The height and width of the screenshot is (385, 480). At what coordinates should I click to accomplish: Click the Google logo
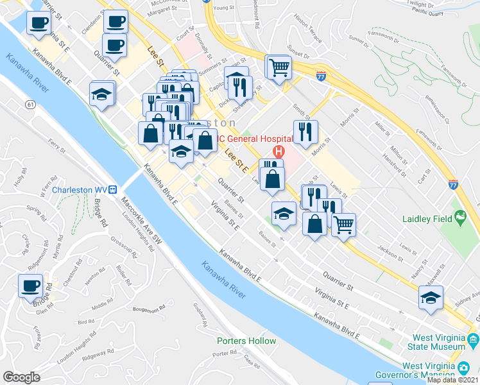pyautogui.click(x=21, y=377)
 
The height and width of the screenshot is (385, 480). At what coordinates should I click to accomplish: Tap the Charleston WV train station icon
pyautogui.click(x=112, y=190)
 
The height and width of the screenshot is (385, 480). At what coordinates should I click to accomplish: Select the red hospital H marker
pyautogui.click(x=279, y=152)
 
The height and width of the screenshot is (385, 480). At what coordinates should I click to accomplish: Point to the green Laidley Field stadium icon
pyautogui.click(x=459, y=219)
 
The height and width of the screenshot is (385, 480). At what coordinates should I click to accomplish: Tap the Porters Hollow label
pyautogui.click(x=246, y=341)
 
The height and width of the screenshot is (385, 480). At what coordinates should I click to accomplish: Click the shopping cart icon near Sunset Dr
pyautogui.click(x=279, y=67)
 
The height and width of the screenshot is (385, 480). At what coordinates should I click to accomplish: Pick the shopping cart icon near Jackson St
pyautogui.click(x=344, y=225)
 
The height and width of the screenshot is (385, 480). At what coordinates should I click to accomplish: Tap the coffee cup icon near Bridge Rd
pyautogui.click(x=30, y=284)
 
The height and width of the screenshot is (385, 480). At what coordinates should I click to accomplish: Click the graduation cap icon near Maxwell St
pyautogui.click(x=431, y=297)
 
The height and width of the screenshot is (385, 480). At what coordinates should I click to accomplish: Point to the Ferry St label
pyautogui.click(x=58, y=148)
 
